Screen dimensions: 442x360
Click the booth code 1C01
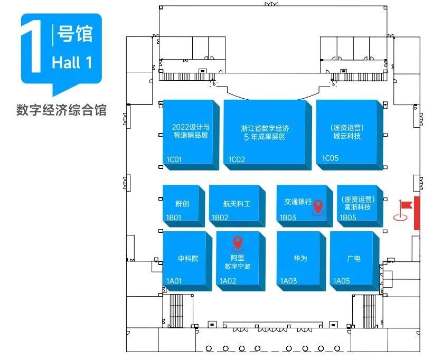click(x=174, y=159)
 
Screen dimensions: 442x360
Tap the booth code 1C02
click(x=237, y=159)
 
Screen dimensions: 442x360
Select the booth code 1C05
click(x=330, y=158)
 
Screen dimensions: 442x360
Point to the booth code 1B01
click(x=174, y=217)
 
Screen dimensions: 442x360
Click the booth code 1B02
click(x=220, y=217)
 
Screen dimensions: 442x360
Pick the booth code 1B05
click(x=348, y=217)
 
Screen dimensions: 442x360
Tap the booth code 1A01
click(x=174, y=281)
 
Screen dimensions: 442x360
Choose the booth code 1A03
click(x=288, y=281)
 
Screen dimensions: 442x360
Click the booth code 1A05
click(x=341, y=281)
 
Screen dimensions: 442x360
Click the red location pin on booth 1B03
click(x=318, y=207)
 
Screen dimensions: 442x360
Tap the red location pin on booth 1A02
click(x=238, y=244)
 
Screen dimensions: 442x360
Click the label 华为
click(x=300, y=258)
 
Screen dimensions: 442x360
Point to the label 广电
click(x=353, y=258)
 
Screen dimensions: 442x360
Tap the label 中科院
click(x=188, y=258)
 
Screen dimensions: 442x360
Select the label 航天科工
click(x=237, y=204)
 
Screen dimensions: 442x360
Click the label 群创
click(x=182, y=203)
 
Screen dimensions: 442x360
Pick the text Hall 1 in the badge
click(x=72, y=62)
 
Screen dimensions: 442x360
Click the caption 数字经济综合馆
click(x=61, y=110)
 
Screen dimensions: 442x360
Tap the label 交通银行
click(x=298, y=202)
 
